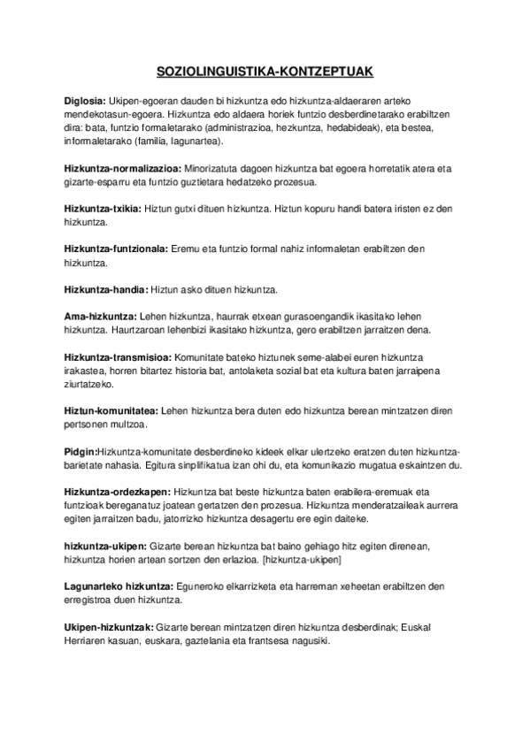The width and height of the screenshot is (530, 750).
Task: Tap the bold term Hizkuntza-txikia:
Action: tap(101, 209)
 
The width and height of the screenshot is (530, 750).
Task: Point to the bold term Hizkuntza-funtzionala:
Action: tap(116, 249)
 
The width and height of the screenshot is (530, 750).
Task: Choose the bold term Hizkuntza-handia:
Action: tap(106, 289)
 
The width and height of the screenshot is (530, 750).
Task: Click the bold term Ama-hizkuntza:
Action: tap(100, 316)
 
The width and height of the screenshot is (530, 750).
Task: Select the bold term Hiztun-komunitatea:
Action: tap(111, 410)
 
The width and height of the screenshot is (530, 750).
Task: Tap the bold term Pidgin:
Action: tap(81, 451)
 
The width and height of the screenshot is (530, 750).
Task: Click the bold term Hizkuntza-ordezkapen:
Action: tap(118, 491)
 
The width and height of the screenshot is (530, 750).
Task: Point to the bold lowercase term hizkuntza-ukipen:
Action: tap(105, 546)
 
